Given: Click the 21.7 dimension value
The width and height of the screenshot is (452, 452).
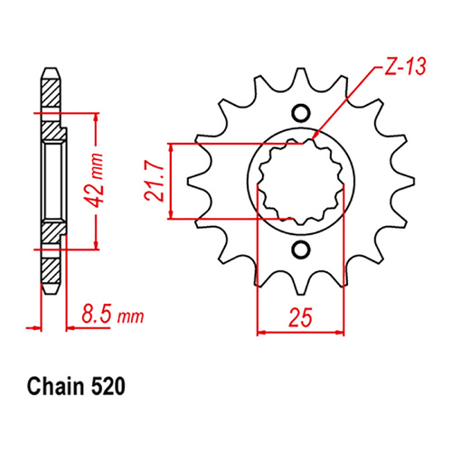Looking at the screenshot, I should tap(155, 181).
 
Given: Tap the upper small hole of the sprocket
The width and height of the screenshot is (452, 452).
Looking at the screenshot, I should tap(301, 114).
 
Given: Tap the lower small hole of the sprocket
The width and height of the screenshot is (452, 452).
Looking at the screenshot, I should tap(301, 249).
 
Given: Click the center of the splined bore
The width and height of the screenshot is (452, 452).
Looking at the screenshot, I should tap(301, 181).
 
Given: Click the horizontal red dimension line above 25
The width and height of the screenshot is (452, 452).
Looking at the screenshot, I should tap(301, 331).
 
